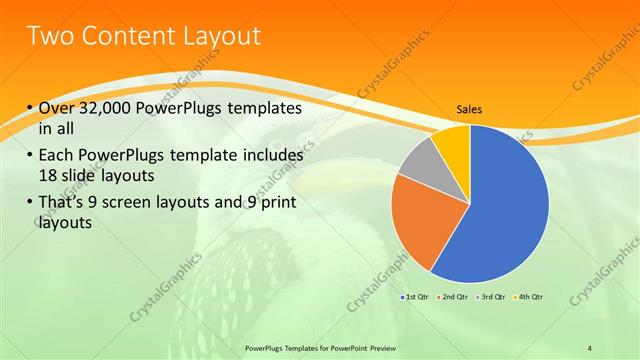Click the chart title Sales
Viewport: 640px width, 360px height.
click(470, 111)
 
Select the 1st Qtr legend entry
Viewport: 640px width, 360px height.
click(416, 297)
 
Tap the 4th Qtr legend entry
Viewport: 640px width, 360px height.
click(529, 297)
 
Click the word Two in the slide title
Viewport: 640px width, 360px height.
click(49, 37)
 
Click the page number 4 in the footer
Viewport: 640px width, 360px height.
click(590, 347)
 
